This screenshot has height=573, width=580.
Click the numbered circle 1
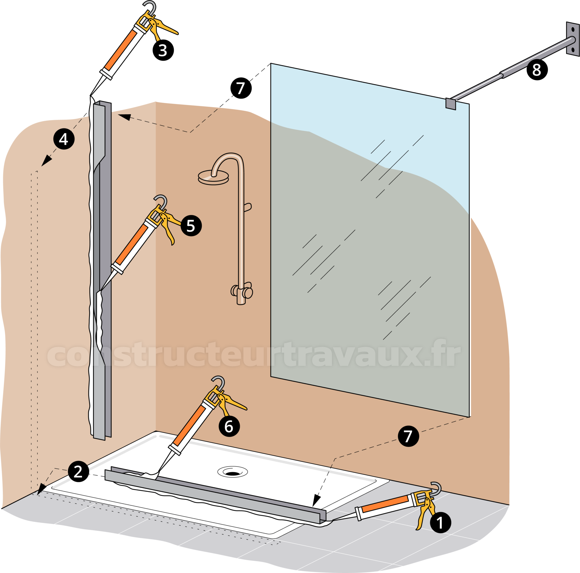coord(440,523)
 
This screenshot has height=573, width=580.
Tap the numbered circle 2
coord(78,471)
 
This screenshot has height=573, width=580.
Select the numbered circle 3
coord(163,50)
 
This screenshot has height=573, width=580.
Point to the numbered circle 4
coord(64,139)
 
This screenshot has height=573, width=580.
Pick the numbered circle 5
coord(191,226)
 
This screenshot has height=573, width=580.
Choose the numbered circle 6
coord(229,426)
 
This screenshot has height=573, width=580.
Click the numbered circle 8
coord(537,69)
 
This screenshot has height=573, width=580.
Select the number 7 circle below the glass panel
coord(408,436)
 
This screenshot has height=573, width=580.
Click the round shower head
coord(213,178)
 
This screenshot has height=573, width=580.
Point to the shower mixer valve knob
coord(248,292)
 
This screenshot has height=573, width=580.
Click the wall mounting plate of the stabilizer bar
coord(572,39)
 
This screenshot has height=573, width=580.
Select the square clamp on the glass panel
coord(451,104)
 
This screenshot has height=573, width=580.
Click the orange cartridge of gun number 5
coord(131,245)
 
